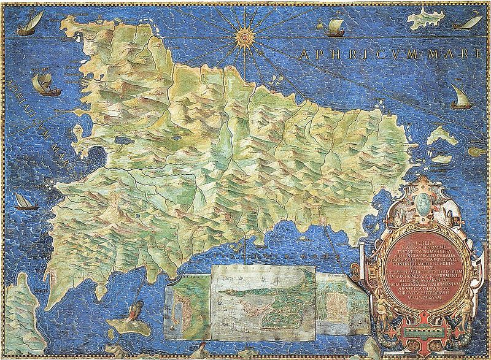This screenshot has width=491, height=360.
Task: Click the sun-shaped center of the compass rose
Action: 243,36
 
